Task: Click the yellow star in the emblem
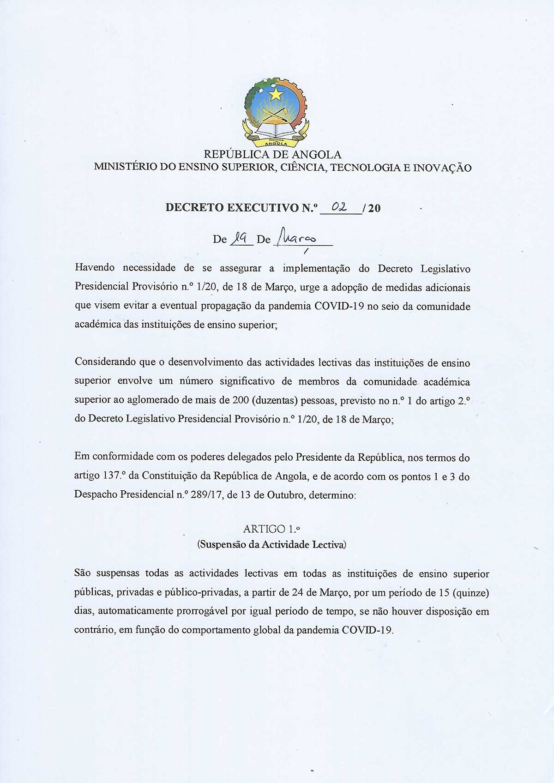click(276, 95)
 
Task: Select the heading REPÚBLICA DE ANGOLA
click(272, 154)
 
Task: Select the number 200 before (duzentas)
click(241, 401)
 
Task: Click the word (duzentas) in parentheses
click(275, 401)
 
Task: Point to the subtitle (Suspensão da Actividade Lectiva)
click(272, 544)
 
